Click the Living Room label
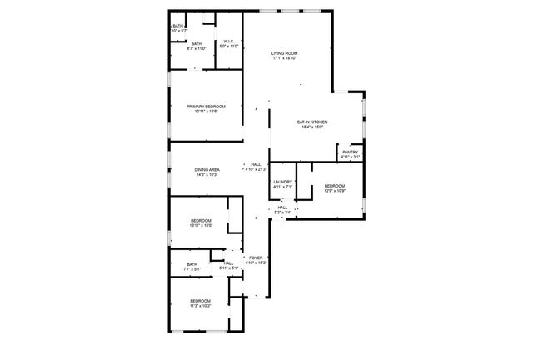pos(284,53)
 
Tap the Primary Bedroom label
pos(206,107)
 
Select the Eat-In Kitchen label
pos(311,122)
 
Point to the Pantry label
pos(350,152)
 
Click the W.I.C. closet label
pos(229,42)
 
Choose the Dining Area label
pos(207,169)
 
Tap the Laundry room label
pos(282,182)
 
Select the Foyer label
pos(257,257)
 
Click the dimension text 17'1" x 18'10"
pos(284,58)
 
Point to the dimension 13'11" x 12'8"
pos(206,112)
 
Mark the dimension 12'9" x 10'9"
pos(334,191)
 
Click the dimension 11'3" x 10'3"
pos(200,306)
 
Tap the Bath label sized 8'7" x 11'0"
pos(197,44)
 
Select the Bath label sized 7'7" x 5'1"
pos(192,264)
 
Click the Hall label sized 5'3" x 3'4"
pos(283,207)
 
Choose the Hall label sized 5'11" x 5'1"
pos(228,263)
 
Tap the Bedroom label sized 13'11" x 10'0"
pos(201,220)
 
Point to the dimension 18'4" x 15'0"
pos(311,127)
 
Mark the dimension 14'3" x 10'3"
pos(207,174)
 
